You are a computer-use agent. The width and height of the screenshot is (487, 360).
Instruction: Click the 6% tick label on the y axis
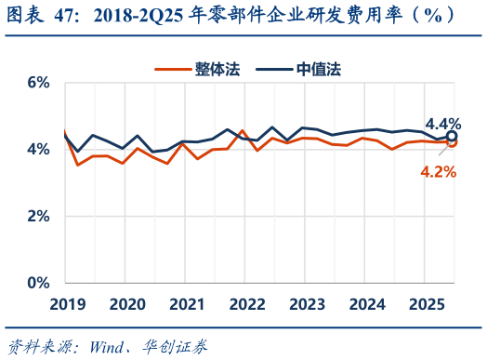pyautogui.click(x=37, y=82)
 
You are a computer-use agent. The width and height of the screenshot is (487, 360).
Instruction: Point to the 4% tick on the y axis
pyautogui.click(x=37, y=149)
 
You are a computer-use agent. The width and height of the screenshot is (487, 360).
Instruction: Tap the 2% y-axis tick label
pyautogui.click(x=37, y=216)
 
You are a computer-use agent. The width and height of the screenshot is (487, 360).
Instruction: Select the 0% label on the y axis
pyautogui.click(x=37, y=283)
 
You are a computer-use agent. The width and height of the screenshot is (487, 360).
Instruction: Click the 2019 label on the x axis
pyautogui.click(x=67, y=304)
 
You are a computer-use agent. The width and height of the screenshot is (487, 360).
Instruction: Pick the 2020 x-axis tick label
pyautogui.click(x=127, y=304)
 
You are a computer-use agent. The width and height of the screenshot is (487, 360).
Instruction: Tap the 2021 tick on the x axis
pyautogui.click(x=187, y=304)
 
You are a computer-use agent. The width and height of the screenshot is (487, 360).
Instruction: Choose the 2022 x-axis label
pyautogui.click(x=247, y=304)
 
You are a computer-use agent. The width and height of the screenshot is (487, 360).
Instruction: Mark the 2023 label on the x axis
pyautogui.click(x=307, y=304)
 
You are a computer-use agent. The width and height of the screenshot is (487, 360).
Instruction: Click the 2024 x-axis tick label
pyautogui.click(x=367, y=304)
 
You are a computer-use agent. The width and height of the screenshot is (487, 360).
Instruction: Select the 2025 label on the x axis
pyautogui.click(x=427, y=304)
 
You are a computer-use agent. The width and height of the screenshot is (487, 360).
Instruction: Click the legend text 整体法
pyautogui.click(x=217, y=69)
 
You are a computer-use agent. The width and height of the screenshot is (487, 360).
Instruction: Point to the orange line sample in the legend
pyautogui.click(x=172, y=69)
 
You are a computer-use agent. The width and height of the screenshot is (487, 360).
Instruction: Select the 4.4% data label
pyautogui.click(x=443, y=123)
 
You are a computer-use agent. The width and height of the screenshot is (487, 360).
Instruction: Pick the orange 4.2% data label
pyautogui.click(x=439, y=171)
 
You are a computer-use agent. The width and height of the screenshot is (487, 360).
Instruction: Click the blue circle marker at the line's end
pyautogui.click(x=452, y=137)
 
